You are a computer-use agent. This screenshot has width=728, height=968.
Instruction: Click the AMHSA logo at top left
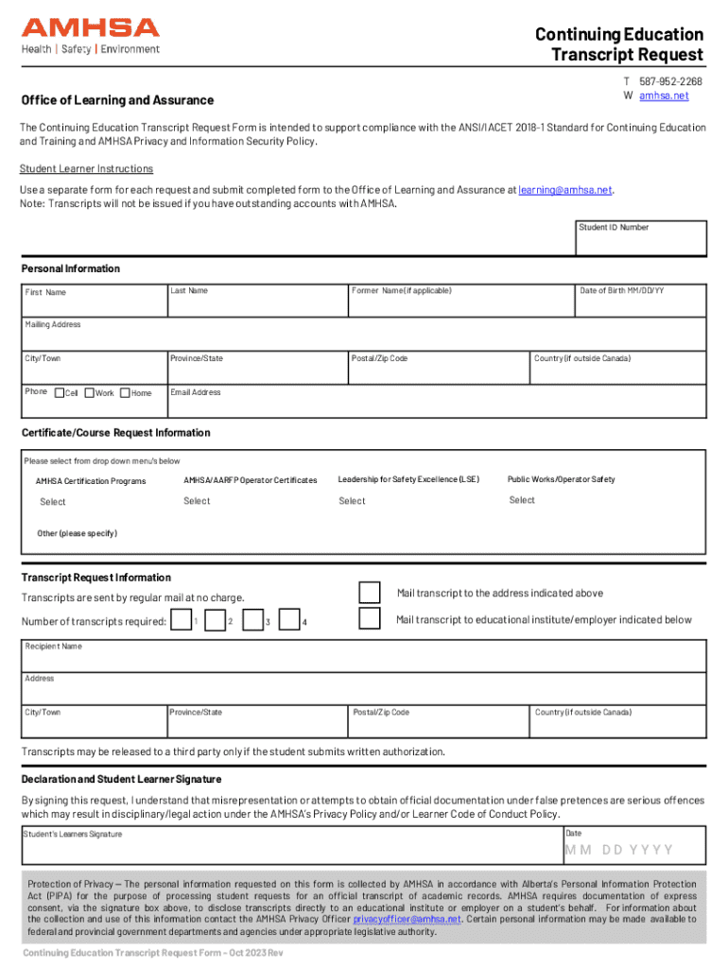pos(91,36)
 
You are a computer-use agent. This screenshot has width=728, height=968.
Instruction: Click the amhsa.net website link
pos(664,96)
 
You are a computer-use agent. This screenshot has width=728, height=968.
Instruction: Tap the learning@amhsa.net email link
pos(565,190)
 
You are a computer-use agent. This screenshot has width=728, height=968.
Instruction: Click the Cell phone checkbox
pos(59,393)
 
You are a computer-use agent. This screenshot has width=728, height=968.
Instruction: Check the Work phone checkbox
pos(90,393)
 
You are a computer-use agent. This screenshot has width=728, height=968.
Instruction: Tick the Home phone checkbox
pos(125,393)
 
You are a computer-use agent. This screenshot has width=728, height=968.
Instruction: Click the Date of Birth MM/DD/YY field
pos(640,301)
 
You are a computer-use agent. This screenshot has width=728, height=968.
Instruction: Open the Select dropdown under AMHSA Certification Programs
pos(53,502)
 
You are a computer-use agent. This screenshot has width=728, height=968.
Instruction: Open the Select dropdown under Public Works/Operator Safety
pos(522,500)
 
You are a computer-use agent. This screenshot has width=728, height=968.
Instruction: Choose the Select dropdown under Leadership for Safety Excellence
pos(352,501)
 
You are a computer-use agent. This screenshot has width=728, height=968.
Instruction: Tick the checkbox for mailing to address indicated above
pos(370,593)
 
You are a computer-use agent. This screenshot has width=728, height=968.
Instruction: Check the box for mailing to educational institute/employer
pos(370,619)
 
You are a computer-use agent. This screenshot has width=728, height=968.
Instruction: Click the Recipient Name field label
pos(53,647)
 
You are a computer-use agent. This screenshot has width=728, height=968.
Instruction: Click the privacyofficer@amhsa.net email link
pos(407,919)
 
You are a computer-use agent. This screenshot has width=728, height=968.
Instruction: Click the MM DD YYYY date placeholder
pos(619,850)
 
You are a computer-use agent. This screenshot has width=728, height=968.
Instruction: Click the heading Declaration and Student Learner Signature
pos(121,780)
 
